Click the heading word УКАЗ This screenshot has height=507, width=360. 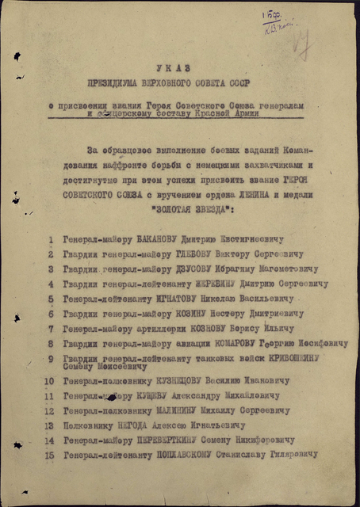coord(179,70)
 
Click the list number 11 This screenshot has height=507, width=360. coord(50,395)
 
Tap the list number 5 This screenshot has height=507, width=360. coord(51,299)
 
